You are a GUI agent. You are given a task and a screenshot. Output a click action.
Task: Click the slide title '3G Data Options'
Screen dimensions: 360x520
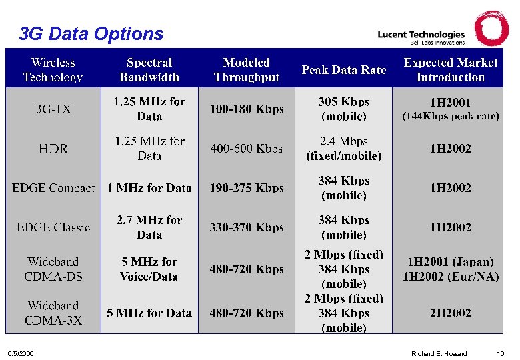(x=91, y=33)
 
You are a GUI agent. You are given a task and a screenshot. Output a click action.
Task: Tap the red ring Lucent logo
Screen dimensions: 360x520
(x=491, y=28)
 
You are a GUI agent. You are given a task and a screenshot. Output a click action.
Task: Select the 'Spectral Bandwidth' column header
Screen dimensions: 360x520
(x=149, y=70)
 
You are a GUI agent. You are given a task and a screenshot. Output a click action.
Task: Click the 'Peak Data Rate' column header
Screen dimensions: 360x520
(x=343, y=70)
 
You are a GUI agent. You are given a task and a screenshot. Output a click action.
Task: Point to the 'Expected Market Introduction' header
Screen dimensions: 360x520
(x=450, y=70)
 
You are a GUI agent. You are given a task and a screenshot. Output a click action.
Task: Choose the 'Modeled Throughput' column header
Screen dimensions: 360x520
(x=247, y=70)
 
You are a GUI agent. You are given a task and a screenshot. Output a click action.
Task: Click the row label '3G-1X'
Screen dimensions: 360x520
(x=53, y=109)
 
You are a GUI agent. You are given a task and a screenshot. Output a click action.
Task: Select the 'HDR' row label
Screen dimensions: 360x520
(x=53, y=149)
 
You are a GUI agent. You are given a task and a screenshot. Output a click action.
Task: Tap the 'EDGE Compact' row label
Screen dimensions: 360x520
(x=53, y=188)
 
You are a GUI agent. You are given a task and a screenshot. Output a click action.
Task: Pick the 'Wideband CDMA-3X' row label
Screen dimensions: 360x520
(x=53, y=313)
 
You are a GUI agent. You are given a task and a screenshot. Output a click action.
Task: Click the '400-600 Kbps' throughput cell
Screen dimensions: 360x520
(x=247, y=149)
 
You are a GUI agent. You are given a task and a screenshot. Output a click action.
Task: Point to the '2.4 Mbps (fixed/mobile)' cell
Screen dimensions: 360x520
(x=343, y=149)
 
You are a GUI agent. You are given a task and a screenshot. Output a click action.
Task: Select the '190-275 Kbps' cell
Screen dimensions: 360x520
(x=247, y=188)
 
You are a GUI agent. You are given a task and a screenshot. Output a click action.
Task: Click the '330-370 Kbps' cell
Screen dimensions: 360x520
(x=247, y=227)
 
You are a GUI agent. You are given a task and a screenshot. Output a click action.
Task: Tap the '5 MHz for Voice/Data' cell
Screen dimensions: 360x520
(x=149, y=269)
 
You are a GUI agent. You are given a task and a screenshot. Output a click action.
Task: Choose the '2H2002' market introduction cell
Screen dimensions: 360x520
(x=450, y=313)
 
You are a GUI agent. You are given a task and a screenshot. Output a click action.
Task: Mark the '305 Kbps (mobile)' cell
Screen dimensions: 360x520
(x=343, y=109)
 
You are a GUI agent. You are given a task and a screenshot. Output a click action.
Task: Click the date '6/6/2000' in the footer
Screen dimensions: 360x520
(x=20, y=353)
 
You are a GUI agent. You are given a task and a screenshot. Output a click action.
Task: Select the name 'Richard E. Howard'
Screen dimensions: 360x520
(x=439, y=353)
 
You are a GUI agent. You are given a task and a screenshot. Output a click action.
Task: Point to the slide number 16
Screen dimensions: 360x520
(x=500, y=353)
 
